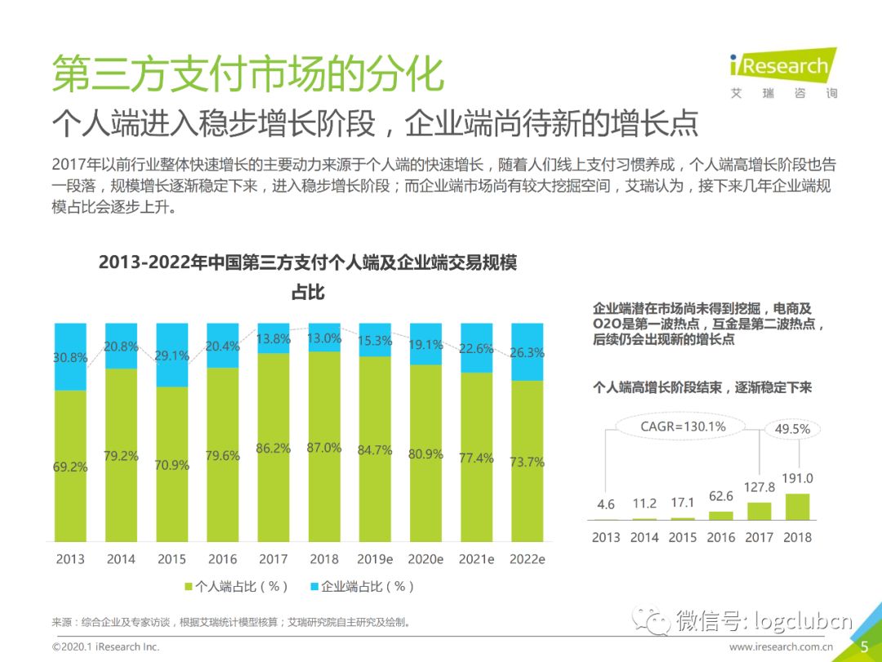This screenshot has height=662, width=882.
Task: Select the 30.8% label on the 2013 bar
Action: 70,357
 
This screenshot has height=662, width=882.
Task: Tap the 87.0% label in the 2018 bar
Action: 324,447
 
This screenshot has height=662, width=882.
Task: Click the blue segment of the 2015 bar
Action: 172,354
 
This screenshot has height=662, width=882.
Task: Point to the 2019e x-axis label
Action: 375,560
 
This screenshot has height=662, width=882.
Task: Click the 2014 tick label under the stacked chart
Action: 121,560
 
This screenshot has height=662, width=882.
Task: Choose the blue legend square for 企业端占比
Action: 314,587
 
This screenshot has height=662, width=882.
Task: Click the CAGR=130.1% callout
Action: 683,427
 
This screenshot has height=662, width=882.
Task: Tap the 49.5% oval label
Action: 792,429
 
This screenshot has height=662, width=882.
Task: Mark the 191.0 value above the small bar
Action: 797,479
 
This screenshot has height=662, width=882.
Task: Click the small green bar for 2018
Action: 797,507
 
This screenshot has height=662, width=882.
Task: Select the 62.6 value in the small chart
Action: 721,495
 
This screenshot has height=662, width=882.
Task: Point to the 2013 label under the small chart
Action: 606,537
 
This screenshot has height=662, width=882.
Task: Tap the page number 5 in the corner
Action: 864,646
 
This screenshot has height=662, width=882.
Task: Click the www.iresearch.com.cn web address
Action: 781,646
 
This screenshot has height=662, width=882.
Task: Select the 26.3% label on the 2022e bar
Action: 528,354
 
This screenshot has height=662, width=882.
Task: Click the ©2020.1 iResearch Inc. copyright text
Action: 105,646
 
